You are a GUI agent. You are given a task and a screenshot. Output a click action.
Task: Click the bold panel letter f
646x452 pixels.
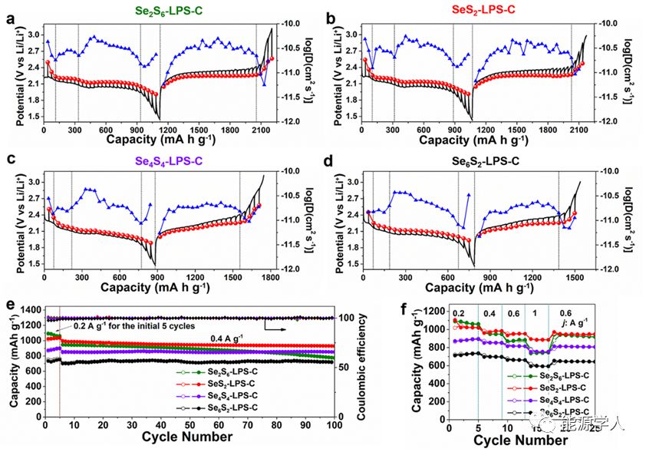[415, 305]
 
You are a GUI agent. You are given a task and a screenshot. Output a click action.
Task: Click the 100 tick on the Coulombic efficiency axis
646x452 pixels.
[347, 318]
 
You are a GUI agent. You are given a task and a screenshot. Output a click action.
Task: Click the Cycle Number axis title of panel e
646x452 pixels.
[187, 437]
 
